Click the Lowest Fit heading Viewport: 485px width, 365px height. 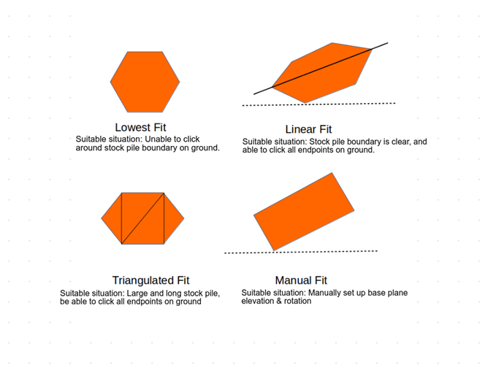pyautogui.click(x=140, y=127)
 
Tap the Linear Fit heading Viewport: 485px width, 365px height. pyautogui.click(x=308, y=129)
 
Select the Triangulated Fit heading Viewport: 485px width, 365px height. pyautogui.click(x=150, y=280)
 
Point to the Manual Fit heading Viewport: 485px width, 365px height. pyautogui.click(x=301, y=280)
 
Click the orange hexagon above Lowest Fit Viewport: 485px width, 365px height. pyautogui.click(x=145, y=82)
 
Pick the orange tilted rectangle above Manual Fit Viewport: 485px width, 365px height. pyautogui.click(x=304, y=212)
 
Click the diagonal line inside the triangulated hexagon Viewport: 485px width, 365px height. pyautogui.click(x=142, y=218)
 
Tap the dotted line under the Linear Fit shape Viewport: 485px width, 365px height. pyautogui.click(x=319, y=104)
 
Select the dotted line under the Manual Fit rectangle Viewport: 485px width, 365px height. pyautogui.click(x=301, y=252)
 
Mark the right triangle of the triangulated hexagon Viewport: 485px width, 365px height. pyautogui.click(x=172, y=218)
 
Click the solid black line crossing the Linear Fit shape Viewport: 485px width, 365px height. pyautogui.click(x=321, y=69)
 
